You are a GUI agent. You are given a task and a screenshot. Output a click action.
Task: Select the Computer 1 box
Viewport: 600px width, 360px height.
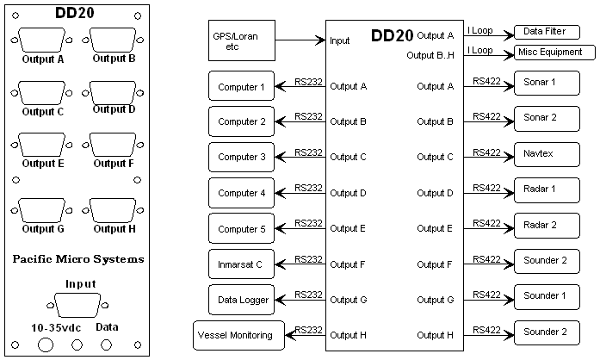click(x=242, y=86)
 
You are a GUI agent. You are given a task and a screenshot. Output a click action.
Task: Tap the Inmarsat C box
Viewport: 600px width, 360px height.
click(x=242, y=264)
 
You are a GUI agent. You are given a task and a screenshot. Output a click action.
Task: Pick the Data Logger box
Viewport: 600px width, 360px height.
click(x=242, y=300)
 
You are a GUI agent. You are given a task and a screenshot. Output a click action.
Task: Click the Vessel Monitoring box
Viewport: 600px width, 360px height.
click(x=235, y=334)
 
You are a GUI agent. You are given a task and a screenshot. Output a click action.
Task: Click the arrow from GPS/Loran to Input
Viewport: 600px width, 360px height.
click(x=302, y=40)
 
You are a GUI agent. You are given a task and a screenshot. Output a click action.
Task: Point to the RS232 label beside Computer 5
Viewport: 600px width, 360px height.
click(x=308, y=222)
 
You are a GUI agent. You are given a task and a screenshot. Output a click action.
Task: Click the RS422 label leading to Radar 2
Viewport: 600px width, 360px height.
click(x=486, y=222)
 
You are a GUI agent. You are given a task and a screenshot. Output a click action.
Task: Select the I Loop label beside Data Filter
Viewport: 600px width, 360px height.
click(x=480, y=29)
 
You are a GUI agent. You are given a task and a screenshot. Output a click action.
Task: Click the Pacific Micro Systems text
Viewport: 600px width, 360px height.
click(x=78, y=258)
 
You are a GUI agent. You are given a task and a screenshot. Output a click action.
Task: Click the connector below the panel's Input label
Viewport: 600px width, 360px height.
click(x=79, y=306)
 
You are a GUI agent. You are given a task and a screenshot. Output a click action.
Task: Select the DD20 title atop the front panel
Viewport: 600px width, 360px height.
click(x=75, y=13)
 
